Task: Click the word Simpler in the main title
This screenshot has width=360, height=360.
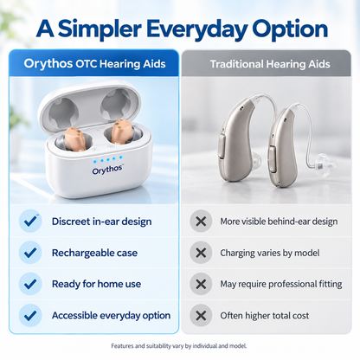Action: coord(100,29)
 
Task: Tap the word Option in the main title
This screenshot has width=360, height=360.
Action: coord(290,29)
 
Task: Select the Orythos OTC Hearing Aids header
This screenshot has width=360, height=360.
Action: coord(94,63)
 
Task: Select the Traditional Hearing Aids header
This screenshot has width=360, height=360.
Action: coord(270,64)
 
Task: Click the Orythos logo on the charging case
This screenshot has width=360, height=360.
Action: coord(108,170)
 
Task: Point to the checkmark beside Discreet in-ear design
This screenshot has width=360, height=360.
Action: coord(30,221)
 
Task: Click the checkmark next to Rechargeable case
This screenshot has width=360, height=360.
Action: coord(30,253)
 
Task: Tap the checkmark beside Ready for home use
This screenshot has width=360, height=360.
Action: coord(30,284)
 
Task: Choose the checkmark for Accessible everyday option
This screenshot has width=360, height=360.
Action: coord(30,315)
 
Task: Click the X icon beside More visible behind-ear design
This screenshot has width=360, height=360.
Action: coord(201,222)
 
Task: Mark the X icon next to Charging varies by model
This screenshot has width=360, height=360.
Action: coord(201,253)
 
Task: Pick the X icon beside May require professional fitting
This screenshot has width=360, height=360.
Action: coord(201,284)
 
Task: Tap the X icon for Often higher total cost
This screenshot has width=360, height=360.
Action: coord(201,316)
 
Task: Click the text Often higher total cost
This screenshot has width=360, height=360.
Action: coord(265,316)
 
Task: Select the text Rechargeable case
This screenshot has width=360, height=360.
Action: coord(94,253)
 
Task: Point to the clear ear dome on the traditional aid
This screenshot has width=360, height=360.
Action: coord(321,164)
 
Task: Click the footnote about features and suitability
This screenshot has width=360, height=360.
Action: coord(179,346)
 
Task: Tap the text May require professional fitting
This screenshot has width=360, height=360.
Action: coord(281,284)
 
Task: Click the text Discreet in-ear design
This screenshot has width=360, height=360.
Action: coord(102,222)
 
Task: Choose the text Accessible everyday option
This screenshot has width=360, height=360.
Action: coord(111,316)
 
